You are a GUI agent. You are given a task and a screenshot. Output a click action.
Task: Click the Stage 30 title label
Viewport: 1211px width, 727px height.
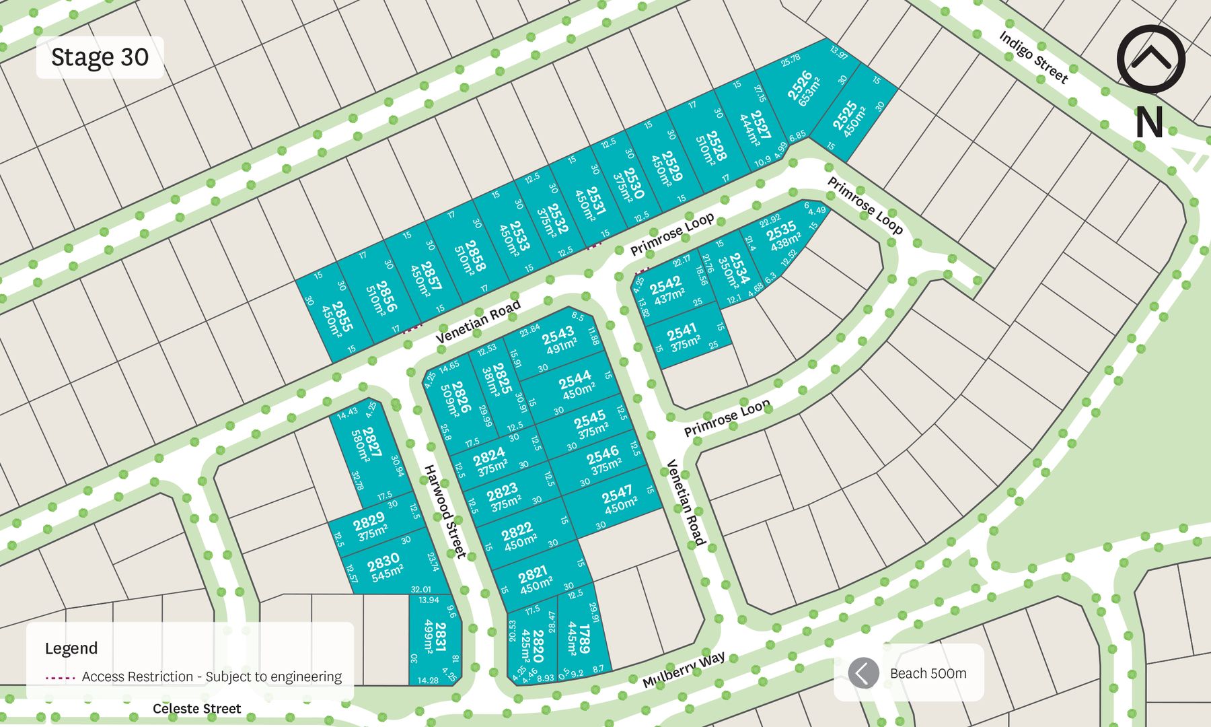click(x=100, y=57)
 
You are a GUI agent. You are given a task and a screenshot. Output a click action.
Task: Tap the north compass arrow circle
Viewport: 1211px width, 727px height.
click(x=1150, y=59)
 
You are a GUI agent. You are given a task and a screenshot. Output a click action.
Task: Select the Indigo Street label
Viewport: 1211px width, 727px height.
click(x=1033, y=57)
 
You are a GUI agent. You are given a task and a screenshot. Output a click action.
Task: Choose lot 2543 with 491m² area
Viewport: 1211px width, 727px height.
click(x=558, y=341)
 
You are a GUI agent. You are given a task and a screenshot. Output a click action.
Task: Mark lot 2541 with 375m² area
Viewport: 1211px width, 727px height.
click(x=683, y=337)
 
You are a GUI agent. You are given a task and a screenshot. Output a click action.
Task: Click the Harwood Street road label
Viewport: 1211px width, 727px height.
click(x=444, y=511)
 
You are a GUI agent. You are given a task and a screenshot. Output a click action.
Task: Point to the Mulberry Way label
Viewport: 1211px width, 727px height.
click(x=684, y=669)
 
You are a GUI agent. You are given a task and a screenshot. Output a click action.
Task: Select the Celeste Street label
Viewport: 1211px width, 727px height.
click(x=196, y=709)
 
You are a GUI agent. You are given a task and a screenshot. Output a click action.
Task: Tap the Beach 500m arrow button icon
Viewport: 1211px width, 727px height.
click(x=863, y=672)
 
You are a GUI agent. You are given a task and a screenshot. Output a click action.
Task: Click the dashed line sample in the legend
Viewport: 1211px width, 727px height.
click(x=60, y=677)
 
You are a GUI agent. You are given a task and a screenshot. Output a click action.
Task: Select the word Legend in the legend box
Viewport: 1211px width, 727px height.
click(x=71, y=648)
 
